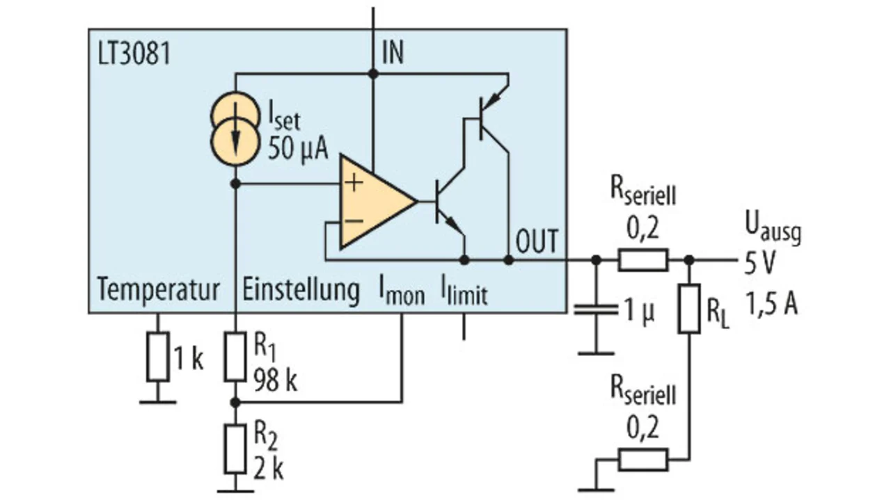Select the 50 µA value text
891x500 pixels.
(x=297, y=147)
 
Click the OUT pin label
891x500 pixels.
(x=537, y=241)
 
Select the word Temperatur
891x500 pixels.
(x=159, y=289)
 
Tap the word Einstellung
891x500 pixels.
(x=301, y=289)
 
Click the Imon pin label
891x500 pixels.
(x=401, y=291)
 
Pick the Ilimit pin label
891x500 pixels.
(x=464, y=291)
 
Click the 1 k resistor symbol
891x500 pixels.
(x=158, y=357)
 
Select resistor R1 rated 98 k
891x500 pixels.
(x=235, y=357)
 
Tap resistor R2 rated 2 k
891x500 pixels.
(x=235, y=446)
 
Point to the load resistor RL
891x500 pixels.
(x=689, y=308)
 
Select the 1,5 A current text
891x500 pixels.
(x=771, y=305)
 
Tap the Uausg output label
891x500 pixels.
(x=773, y=228)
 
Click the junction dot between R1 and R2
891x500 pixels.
(x=235, y=402)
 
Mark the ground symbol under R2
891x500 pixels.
(x=235, y=490)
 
